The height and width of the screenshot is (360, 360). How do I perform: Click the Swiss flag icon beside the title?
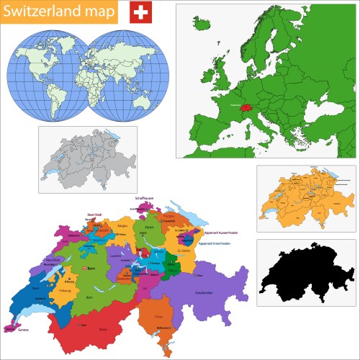(x=141, y=12)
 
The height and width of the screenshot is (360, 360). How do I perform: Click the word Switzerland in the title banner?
(x=39, y=12)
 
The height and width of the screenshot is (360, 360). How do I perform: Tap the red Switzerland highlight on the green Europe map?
(x=246, y=107)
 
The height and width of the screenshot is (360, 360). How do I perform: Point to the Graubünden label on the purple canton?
(x=204, y=292)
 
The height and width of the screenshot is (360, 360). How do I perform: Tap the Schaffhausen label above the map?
(x=145, y=197)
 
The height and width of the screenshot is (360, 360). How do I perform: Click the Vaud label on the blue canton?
(x=36, y=288)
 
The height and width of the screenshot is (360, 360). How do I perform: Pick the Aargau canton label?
(x=122, y=225)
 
